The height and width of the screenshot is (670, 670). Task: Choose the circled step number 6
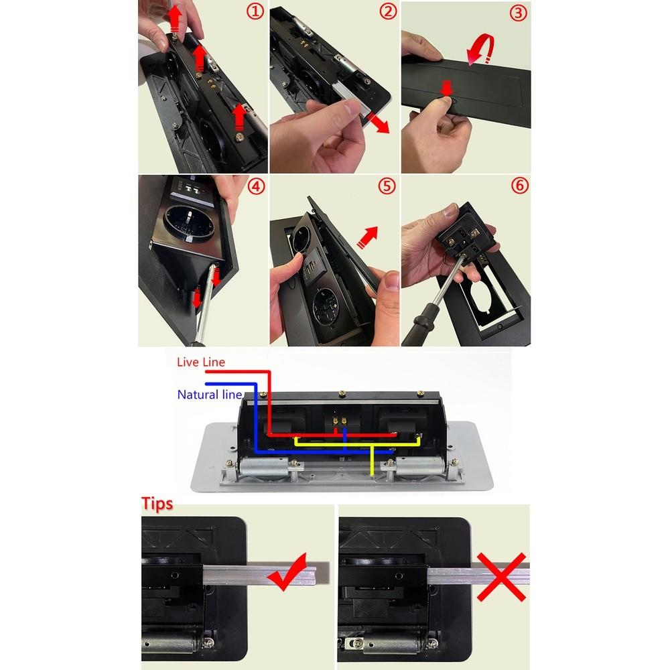[519, 186]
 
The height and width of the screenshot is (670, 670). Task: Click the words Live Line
[201, 362]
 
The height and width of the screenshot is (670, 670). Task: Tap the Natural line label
[209, 395]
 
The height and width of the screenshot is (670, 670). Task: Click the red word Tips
[157, 504]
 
